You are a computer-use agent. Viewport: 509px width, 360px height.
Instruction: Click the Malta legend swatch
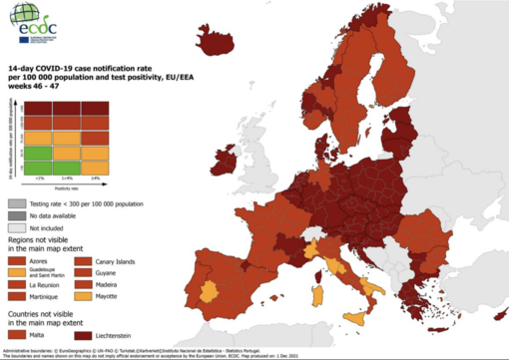(x=18, y=337)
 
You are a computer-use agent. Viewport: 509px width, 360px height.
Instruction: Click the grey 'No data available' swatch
(x=18, y=214)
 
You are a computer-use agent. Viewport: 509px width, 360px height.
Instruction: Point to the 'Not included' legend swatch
(x=18, y=227)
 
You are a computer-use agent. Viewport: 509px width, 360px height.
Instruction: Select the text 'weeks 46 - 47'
(x=36, y=86)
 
